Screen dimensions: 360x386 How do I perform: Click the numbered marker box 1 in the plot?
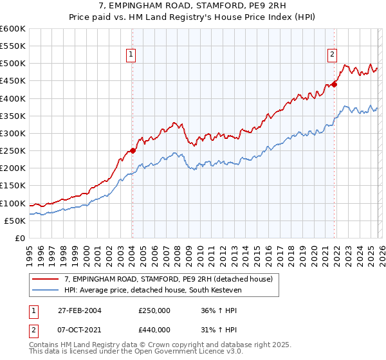(x=131, y=55)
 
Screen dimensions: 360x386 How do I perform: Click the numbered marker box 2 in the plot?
(x=333, y=55)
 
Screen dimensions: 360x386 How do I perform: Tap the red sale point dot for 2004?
(x=133, y=150)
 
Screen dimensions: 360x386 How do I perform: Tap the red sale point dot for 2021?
(x=335, y=84)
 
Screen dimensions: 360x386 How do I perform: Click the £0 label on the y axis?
(x=20, y=239)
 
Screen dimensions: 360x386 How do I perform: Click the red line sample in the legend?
(x=46, y=279)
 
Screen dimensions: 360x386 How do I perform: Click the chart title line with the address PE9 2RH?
(x=193, y=6)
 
